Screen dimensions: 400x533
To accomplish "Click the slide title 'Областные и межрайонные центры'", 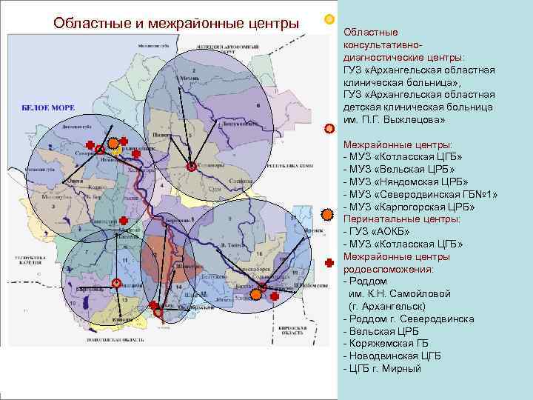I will click(x=176, y=24).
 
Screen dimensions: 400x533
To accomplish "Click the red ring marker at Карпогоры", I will click(x=191, y=166).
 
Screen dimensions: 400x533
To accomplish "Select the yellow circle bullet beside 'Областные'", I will click(x=329, y=19).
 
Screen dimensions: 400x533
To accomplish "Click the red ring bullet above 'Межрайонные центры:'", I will click(x=329, y=128).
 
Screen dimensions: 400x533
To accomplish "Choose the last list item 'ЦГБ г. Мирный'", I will click(x=383, y=368).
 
